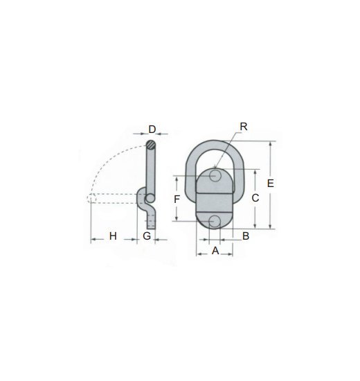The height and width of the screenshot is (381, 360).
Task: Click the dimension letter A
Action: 215,251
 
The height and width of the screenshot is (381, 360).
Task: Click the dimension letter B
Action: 245,236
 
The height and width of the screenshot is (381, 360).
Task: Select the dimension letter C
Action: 255,198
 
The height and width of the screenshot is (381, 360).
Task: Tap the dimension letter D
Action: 152,130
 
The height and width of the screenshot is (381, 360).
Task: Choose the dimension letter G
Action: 147,236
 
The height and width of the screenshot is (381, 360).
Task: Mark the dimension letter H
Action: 112,236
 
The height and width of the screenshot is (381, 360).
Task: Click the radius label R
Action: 243,127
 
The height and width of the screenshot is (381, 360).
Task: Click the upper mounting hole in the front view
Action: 217,176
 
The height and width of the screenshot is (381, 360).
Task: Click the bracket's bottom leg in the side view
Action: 152,220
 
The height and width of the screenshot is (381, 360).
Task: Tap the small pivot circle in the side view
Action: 150,199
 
